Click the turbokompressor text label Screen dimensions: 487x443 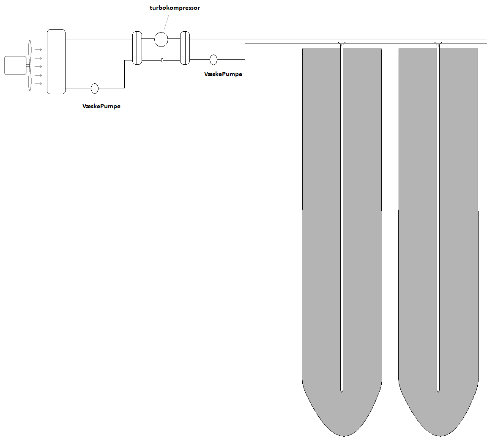(175, 8)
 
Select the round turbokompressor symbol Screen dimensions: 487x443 (161, 39)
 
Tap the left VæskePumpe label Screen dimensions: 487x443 (101, 106)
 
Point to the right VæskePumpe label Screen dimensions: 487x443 (223, 74)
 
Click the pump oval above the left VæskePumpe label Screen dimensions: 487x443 (95, 88)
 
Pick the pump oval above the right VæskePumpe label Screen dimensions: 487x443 (213, 60)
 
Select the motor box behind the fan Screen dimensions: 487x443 (15, 66)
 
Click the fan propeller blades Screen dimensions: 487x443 (30, 66)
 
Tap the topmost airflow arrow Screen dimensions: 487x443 (38, 50)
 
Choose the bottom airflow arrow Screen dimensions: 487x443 (38, 84)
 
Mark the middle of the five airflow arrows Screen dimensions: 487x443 (38, 67)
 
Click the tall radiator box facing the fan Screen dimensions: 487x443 (56, 62)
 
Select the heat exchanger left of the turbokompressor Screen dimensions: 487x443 (137, 48)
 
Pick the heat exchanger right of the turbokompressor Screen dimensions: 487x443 (185, 48)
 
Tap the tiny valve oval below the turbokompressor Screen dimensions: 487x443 (162, 60)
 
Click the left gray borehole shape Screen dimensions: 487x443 (342, 242)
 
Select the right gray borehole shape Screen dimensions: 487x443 (438, 242)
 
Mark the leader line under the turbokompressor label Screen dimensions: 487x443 (167, 22)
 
